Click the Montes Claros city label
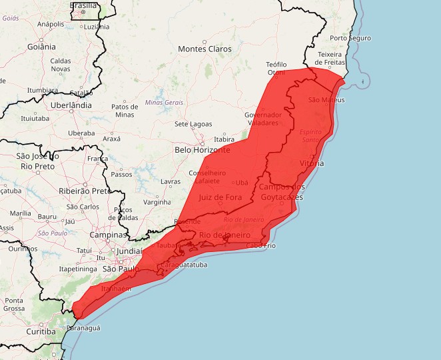(205, 49)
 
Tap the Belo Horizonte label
(202, 150)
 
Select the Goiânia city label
(41, 47)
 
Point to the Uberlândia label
(71, 105)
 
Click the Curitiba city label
(41, 331)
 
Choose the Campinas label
(109, 235)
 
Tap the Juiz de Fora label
(220, 197)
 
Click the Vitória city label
(312, 163)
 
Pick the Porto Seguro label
(350, 38)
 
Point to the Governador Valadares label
(268, 119)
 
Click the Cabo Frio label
(260, 245)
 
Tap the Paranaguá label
(83, 328)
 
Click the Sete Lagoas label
(193, 124)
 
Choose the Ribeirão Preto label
(85, 191)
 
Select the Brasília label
(83, 5)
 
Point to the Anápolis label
(51, 24)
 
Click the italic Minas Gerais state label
(164, 102)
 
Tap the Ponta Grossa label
(13, 305)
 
